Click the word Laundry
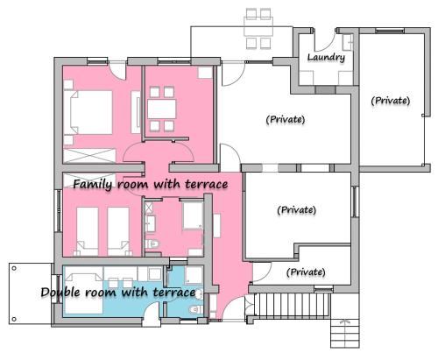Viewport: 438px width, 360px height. click(x=326, y=57)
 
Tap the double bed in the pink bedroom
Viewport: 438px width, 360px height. click(x=91, y=112)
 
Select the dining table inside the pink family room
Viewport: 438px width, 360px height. click(x=162, y=109)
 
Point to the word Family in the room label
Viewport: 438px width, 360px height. click(x=92, y=185)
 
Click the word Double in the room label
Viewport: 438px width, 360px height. click(x=60, y=293)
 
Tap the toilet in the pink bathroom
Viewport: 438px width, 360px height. click(x=152, y=244)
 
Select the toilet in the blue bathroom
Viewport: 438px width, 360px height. click(x=195, y=309)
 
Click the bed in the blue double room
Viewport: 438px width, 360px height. click(x=83, y=293)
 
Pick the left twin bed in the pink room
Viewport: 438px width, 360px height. click(x=88, y=231)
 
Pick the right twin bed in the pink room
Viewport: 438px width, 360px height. click(x=118, y=231)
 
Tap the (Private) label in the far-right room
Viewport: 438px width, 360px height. click(x=391, y=101)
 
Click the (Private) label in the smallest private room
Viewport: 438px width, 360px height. click(x=306, y=272)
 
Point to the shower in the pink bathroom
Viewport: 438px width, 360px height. click(x=193, y=215)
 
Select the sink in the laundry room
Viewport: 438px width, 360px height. click(x=348, y=42)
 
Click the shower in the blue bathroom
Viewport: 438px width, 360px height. click(x=194, y=275)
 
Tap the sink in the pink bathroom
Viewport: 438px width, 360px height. click(x=151, y=223)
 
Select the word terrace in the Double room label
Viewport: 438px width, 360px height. click(x=174, y=293)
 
